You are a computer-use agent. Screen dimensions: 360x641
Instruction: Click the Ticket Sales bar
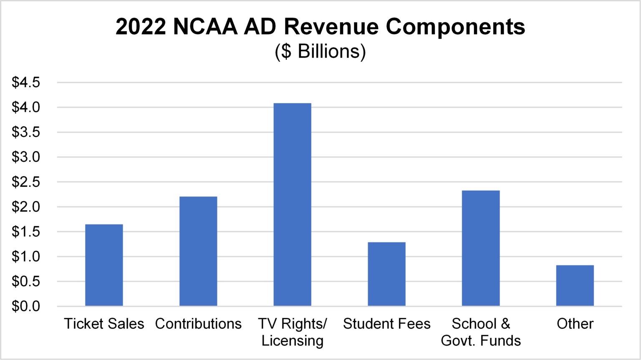(104, 265)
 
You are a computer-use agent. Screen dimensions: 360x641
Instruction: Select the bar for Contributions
(198, 252)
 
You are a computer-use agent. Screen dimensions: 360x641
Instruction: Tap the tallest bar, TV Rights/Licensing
(292, 204)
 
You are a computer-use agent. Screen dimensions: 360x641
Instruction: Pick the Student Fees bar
(386, 274)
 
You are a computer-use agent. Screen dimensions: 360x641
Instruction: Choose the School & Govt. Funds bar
(481, 248)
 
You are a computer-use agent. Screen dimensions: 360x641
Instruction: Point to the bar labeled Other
(575, 286)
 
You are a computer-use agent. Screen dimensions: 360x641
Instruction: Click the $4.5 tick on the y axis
(26, 83)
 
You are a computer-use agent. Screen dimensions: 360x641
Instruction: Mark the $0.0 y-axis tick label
(26, 306)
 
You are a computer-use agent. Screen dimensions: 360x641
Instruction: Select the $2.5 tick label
(26, 182)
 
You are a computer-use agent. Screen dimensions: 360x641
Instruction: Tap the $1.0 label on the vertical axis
(26, 257)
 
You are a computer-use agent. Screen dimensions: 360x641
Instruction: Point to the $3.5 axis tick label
(26, 132)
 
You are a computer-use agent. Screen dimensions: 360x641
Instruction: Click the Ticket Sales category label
(104, 324)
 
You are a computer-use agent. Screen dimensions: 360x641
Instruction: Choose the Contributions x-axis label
(198, 324)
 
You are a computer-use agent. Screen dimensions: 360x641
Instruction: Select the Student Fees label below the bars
(386, 324)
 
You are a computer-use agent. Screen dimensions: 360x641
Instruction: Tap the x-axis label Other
(575, 324)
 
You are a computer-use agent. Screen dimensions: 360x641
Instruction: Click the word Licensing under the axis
(292, 341)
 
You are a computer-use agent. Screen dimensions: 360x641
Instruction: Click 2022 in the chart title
(140, 27)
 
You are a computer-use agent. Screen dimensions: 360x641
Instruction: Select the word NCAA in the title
(205, 27)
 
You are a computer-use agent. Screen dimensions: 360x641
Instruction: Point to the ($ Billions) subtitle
(320, 51)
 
